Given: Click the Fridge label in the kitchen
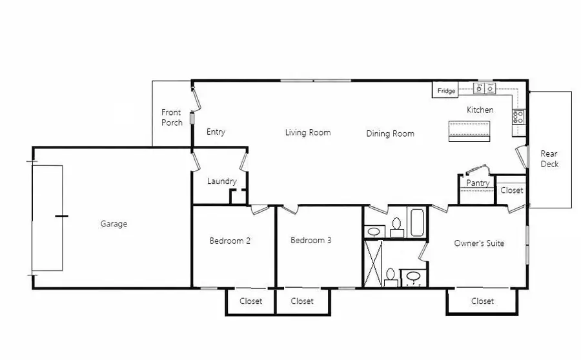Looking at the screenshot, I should (446, 91).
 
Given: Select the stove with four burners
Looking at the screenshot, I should (518, 117).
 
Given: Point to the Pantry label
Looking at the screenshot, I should (478, 183).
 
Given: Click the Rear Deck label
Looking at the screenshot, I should (549, 159).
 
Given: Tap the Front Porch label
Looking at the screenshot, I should (172, 117).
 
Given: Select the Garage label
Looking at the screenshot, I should (114, 224).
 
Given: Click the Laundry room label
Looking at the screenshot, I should (221, 181).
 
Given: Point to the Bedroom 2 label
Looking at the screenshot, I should (230, 241).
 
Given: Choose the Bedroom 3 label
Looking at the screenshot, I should (311, 241).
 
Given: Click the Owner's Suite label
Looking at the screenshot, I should (479, 243).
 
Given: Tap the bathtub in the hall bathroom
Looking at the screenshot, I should (416, 223).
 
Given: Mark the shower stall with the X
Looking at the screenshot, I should (372, 263).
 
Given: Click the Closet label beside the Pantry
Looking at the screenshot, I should (512, 190).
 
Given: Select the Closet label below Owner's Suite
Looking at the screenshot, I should (482, 301).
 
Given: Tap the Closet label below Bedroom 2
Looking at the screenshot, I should (250, 301).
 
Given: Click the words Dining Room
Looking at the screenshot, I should (390, 134).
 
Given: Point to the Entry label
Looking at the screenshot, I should (216, 132).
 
